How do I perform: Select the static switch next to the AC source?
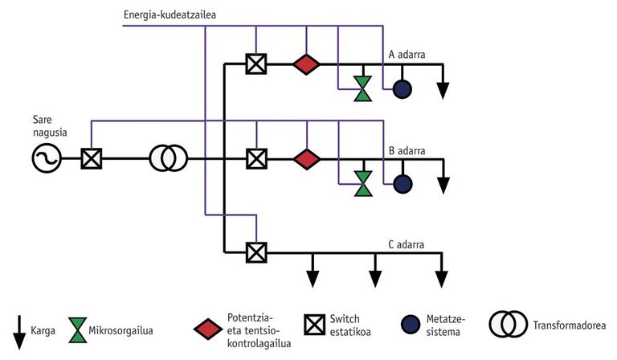pyautogui.click(x=92, y=158)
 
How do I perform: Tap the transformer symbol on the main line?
pyautogui.click(x=169, y=158)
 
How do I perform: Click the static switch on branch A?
pyautogui.click(x=256, y=64)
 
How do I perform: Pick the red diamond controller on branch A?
pyautogui.click(x=305, y=64)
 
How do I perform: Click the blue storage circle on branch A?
pyautogui.click(x=402, y=89)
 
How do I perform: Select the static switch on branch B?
pyautogui.click(x=256, y=158)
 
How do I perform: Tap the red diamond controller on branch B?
pyautogui.click(x=305, y=158)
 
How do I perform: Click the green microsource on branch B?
pyautogui.click(x=364, y=182)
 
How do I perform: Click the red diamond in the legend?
pyautogui.click(x=208, y=328)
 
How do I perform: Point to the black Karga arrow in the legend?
pyautogui.click(x=17, y=329)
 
